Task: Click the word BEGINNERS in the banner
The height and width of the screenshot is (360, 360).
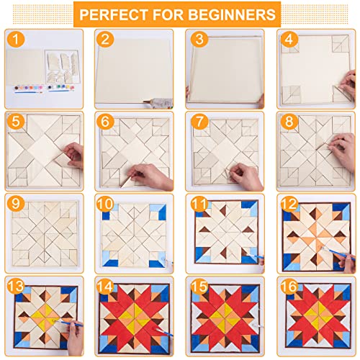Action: click(232, 14)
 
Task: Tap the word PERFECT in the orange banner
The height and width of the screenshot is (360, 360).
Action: click(114, 14)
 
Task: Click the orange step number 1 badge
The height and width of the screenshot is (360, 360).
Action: click(16, 39)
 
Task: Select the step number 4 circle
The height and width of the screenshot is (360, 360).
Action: click(289, 39)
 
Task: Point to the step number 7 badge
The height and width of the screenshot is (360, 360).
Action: click(199, 121)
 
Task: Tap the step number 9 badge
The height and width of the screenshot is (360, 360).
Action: click(16, 204)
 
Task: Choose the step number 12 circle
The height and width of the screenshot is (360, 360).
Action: click(289, 204)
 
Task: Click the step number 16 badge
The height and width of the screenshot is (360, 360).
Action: click(289, 286)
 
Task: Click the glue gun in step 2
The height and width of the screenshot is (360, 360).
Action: click(158, 103)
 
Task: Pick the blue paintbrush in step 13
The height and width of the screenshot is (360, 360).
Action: click(70, 323)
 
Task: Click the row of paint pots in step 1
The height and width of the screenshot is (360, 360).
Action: click(45, 88)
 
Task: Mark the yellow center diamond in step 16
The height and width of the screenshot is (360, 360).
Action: click(319, 315)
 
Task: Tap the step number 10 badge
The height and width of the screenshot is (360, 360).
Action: click(105, 204)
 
